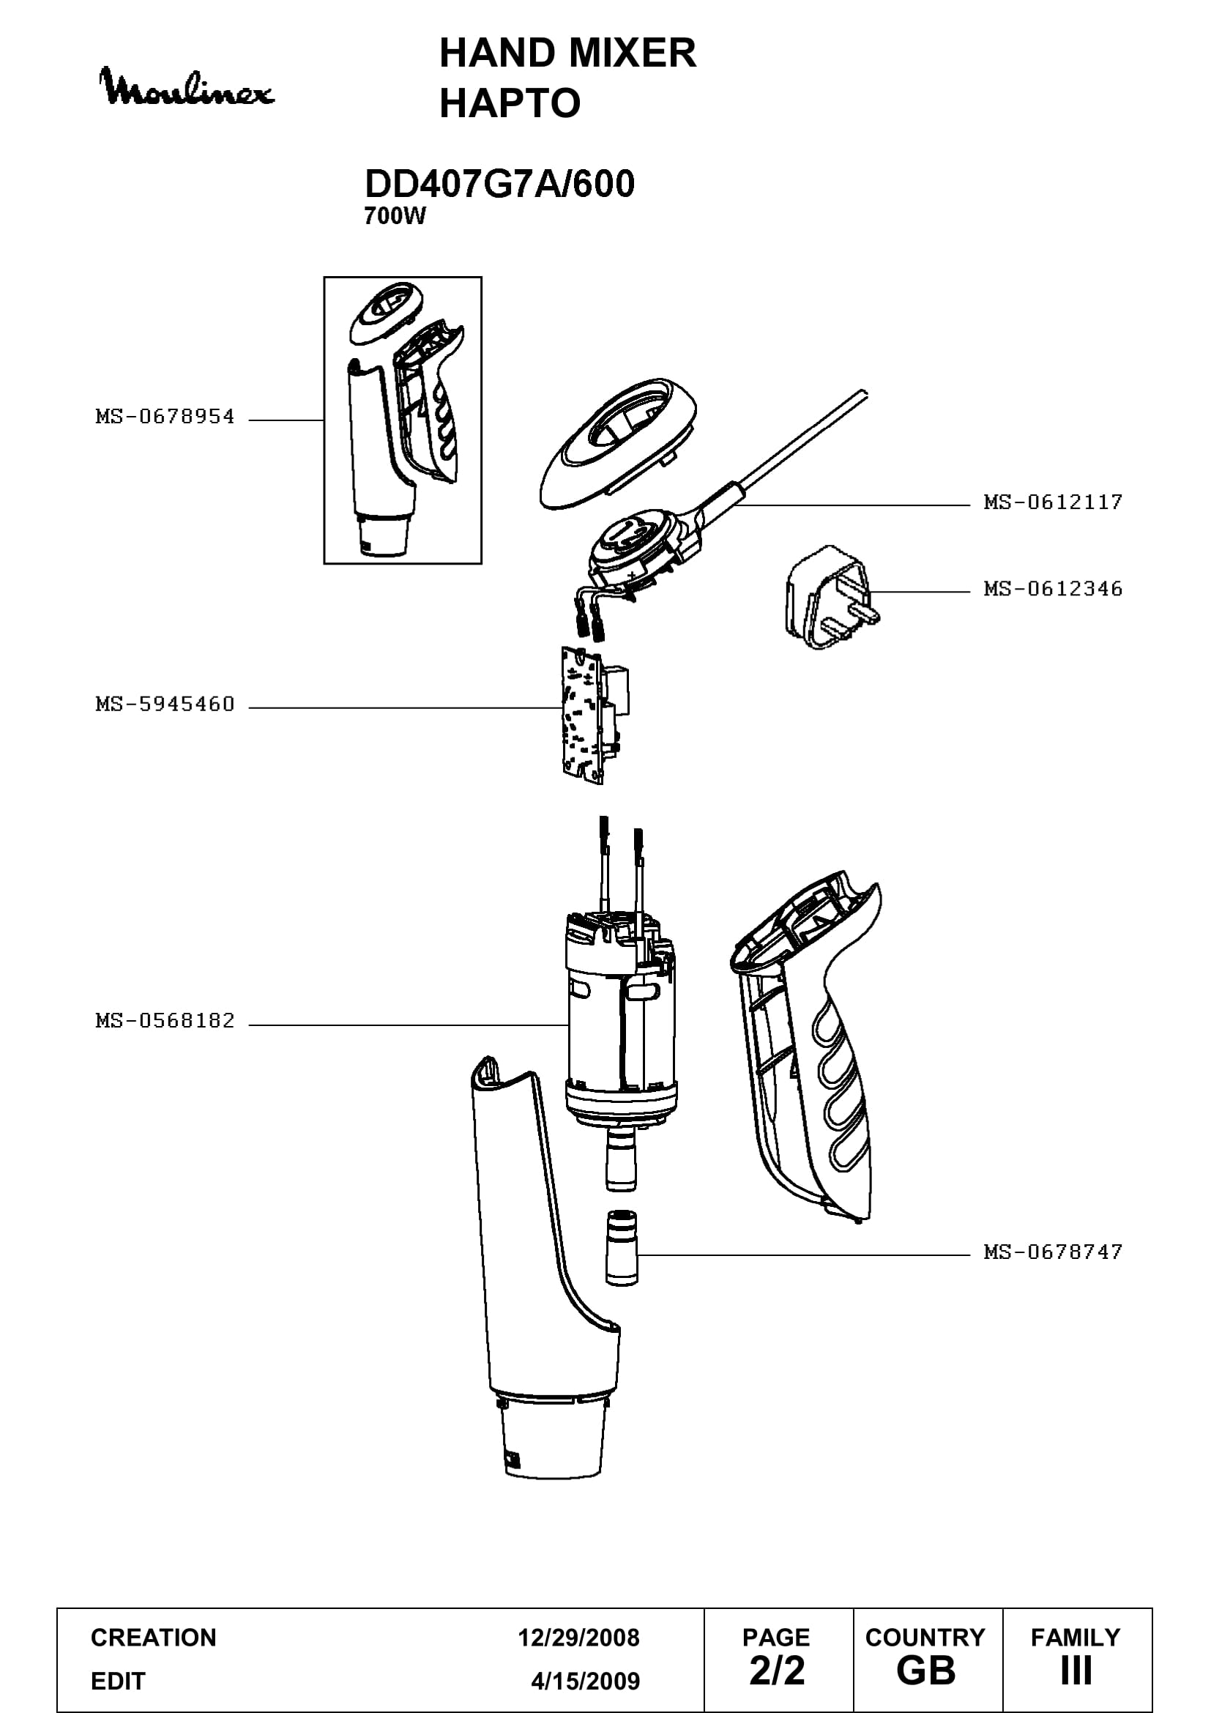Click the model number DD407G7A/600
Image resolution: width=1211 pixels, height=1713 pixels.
[x=499, y=184]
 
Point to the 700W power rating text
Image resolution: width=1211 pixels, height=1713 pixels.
[x=395, y=216]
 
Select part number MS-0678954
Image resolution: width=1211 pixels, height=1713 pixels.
[x=165, y=417]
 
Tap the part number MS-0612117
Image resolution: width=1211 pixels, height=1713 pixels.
[x=1053, y=502]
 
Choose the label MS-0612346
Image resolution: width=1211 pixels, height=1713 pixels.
[x=1053, y=590]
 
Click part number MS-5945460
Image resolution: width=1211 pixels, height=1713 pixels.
[x=165, y=705]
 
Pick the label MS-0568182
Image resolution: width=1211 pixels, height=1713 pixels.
[x=165, y=1021]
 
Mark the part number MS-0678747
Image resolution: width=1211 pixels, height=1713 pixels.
[x=1053, y=1252]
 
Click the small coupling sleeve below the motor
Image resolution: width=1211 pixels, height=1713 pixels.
[x=622, y=1247]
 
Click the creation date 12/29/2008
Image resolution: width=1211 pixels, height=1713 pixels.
[x=578, y=1638]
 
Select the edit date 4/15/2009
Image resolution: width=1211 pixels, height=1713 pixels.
[x=586, y=1681]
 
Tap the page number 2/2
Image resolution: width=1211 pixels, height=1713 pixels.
[x=777, y=1671]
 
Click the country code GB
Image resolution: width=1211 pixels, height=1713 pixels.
[x=926, y=1671]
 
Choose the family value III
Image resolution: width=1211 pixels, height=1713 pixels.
[x=1076, y=1671]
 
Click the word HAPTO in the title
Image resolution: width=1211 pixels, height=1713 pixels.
[x=510, y=103]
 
